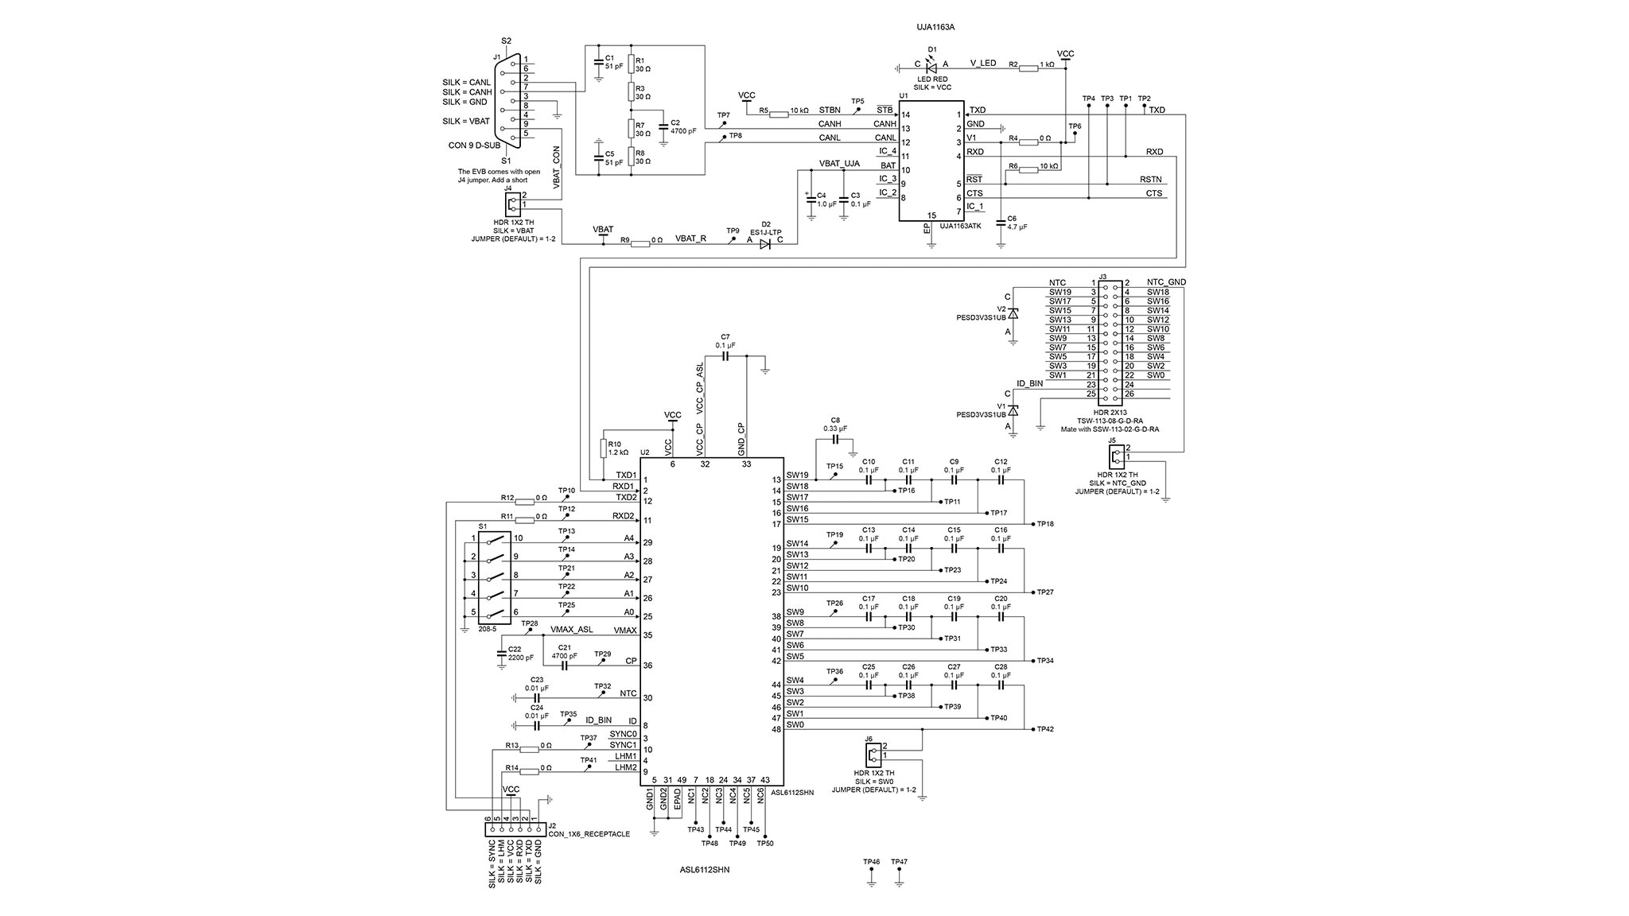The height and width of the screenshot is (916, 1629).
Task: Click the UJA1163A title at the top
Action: [x=935, y=27]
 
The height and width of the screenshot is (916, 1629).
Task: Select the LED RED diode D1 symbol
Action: [x=931, y=68]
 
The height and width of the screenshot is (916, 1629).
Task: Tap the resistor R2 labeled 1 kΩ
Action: [x=1028, y=68]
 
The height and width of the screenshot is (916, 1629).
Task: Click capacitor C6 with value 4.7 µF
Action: [x=1001, y=223]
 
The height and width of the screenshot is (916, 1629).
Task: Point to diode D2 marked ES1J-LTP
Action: [x=765, y=244]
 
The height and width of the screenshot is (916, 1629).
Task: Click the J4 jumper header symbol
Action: [x=513, y=200]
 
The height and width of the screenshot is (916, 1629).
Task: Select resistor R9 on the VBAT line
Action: [x=640, y=244]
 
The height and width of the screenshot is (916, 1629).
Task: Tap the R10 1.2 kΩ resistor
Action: [x=602, y=448]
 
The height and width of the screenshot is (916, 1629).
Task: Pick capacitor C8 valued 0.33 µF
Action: [x=835, y=438]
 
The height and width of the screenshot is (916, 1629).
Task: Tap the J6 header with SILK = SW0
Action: [x=873, y=752]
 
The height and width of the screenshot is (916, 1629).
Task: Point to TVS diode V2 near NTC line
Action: [x=1013, y=313]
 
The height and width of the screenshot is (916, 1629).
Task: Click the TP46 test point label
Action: [x=871, y=862]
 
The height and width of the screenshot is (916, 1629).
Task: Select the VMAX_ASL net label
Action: [x=571, y=630]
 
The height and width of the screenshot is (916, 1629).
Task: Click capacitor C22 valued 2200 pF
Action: [x=501, y=653]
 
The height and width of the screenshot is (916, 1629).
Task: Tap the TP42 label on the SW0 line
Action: [x=1045, y=729]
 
